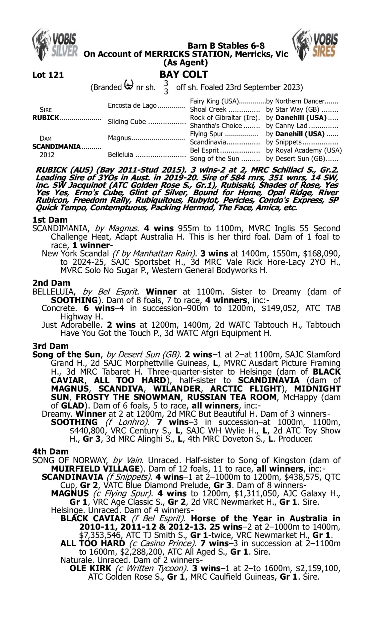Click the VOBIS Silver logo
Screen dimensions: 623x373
[55, 45]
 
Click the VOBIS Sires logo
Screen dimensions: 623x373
[315, 45]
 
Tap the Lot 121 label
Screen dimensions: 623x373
[48, 75]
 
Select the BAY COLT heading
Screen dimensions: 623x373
[184, 74]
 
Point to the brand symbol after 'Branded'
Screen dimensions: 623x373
[129, 85]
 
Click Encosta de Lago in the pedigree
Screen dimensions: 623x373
[132, 105]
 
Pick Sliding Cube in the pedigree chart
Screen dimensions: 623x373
[127, 122]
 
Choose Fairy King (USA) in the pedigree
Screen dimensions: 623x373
[214, 101]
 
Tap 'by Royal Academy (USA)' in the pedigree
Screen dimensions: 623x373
[304, 150]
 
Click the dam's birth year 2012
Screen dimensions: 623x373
[47, 155]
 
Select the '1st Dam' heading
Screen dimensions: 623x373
[50, 220]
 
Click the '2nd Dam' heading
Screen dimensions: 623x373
[51, 283]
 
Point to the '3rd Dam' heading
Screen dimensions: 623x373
[50, 346]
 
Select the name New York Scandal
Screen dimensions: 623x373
[75, 254]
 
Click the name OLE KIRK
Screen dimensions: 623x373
[91, 568]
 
